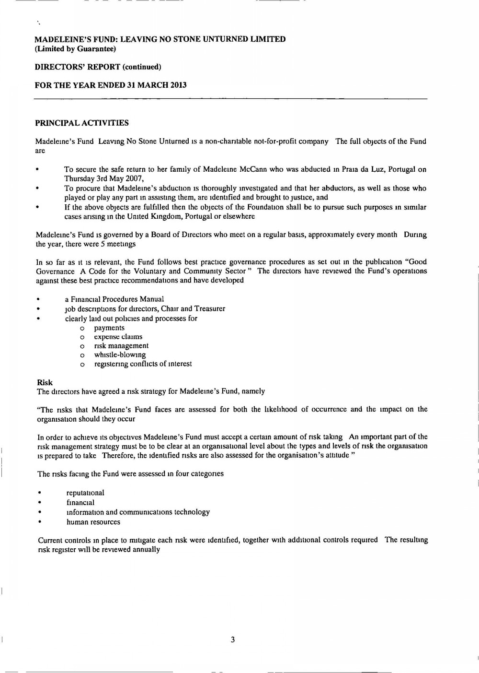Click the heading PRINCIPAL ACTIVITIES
(x=82, y=123)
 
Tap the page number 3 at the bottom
(x=233, y=639)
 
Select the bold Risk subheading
(x=45, y=382)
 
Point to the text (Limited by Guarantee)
(x=75, y=49)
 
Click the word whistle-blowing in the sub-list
(x=120, y=355)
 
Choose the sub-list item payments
(x=109, y=328)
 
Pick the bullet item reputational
(x=85, y=493)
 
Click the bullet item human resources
(x=93, y=522)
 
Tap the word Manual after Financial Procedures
(x=152, y=299)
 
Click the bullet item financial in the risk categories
(x=80, y=503)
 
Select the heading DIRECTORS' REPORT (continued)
(x=98, y=67)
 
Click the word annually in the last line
(x=145, y=549)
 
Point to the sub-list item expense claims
(x=118, y=337)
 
